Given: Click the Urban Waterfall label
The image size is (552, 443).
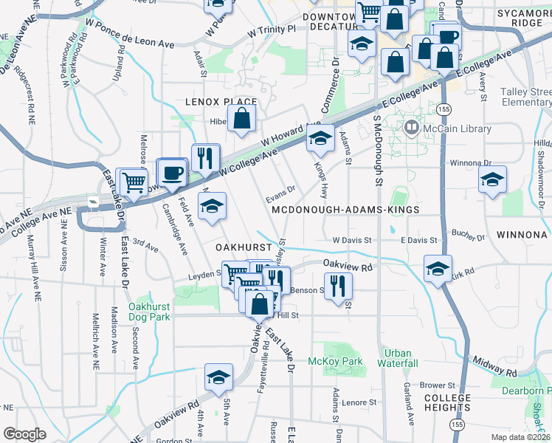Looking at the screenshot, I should tap(398, 358).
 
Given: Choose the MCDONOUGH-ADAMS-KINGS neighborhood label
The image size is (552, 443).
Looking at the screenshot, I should tap(345, 210).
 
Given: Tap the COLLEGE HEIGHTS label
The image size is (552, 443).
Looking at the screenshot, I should tap(447, 403).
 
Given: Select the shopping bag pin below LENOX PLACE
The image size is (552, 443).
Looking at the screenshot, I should tap(242, 118).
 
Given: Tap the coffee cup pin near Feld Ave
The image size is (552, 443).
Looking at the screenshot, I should tap(172, 174).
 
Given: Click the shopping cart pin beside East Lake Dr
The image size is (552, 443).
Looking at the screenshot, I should tap(133, 181).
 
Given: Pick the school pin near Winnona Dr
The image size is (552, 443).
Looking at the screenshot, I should tap(492, 179).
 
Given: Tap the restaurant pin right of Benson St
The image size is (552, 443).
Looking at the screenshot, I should tap(338, 284).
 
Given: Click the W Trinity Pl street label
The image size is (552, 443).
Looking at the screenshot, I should tap(272, 32).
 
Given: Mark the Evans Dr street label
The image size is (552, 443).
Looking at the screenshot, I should tap(281, 194).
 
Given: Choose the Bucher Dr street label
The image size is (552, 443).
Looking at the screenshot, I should tap(469, 238).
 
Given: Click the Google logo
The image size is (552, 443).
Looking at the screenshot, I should tap(24, 434).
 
